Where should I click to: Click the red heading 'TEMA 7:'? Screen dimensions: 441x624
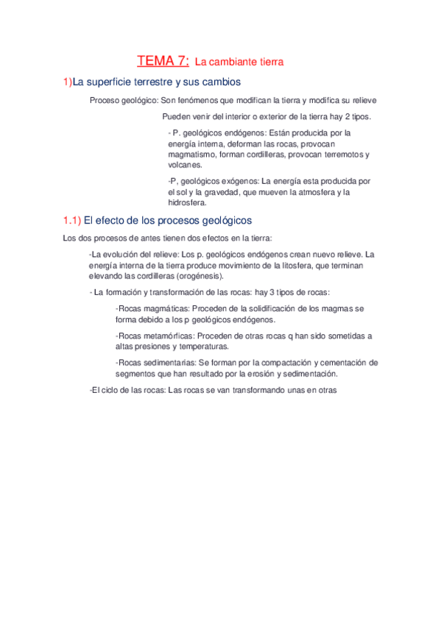(x=163, y=61)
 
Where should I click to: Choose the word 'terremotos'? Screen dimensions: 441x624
(x=345, y=155)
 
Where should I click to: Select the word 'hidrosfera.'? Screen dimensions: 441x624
(x=188, y=204)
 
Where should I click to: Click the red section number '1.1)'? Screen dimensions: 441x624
(x=71, y=220)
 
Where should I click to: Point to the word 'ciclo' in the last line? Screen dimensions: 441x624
(x=110, y=391)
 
